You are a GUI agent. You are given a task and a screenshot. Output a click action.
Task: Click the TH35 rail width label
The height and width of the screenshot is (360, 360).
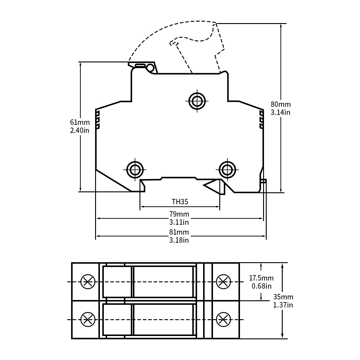pyautogui.click(x=180, y=202)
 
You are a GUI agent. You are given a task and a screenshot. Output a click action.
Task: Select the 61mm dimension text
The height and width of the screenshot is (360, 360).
pyautogui.click(x=80, y=122)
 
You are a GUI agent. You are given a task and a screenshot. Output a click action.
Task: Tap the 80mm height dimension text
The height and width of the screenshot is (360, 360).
pyautogui.click(x=281, y=104)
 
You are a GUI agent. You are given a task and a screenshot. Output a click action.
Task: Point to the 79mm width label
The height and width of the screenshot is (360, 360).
pyautogui.click(x=179, y=214)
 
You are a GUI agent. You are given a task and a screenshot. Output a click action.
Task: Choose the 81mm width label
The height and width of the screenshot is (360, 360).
pyautogui.click(x=179, y=232)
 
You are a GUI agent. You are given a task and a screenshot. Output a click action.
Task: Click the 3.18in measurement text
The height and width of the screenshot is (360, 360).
pyautogui.click(x=179, y=240)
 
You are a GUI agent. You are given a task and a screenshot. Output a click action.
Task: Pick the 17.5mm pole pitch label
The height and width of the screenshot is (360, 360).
pyautogui.click(x=262, y=278)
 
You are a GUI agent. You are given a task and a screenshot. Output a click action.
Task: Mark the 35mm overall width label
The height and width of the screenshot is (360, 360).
pyautogui.click(x=283, y=297)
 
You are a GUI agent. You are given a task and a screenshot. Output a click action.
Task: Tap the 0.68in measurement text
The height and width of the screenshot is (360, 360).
pyautogui.click(x=262, y=286)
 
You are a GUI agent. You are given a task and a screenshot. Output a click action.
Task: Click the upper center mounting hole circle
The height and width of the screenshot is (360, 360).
pyautogui.click(x=197, y=101)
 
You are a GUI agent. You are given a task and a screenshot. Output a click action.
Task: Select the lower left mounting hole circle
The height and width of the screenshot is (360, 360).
pyautogui.click(x=135, y=170)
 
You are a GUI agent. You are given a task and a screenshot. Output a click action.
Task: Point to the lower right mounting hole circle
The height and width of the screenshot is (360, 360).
pyautogui.click(x=227, y=170)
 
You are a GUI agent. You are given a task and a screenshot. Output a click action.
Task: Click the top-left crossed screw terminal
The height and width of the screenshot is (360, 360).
pyautogui.click(x=88, y=282)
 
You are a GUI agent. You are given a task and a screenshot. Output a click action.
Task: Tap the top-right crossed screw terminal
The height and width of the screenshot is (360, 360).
pyautogui.click(x=223, y=282)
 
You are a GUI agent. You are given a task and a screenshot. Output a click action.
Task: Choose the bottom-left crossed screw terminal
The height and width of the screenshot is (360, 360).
pyautogui.click(x=88, y=319)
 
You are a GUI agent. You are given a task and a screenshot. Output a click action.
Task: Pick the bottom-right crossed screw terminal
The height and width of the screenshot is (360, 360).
pyautogui.click(x=223, y=319)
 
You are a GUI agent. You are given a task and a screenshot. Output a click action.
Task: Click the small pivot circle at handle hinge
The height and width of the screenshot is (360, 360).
pyautogui.click(x=149, y=68)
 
